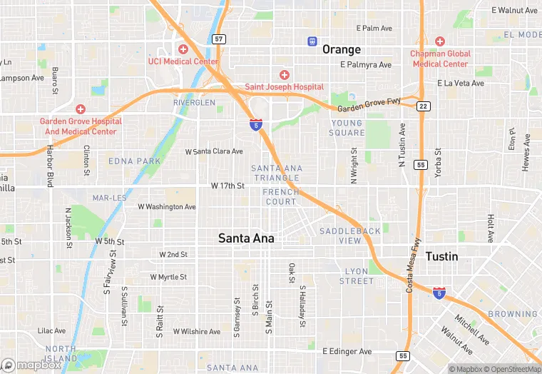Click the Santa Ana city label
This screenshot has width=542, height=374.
[246, 238]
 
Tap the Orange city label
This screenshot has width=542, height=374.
[342, 49]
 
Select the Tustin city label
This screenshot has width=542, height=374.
[442, 256]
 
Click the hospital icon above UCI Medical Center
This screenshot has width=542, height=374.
[183, 49]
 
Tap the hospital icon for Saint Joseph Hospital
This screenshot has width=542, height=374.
[285, 75]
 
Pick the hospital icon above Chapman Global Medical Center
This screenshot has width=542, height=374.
[439, 41]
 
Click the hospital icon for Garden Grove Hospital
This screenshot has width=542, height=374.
[80, 109]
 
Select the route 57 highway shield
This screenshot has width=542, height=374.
[219, 39]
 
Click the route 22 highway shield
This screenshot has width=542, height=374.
[424, 106]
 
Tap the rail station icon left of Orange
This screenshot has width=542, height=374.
[312, 41]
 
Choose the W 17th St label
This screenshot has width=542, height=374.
[227, 186]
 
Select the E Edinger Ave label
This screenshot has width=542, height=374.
[347, 351]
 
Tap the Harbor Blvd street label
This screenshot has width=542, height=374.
[51, 167]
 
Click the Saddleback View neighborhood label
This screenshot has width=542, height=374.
[350, 236]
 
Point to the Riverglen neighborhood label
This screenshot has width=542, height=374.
[194, 103]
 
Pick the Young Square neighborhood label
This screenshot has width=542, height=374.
[347, 128]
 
